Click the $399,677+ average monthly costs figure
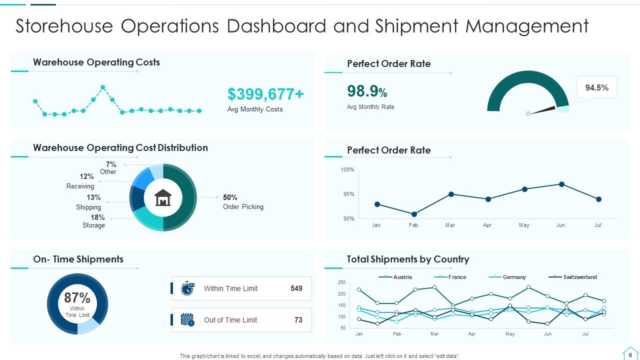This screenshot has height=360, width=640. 265,94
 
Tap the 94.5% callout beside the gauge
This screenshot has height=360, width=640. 597,87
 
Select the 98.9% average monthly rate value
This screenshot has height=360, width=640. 367,91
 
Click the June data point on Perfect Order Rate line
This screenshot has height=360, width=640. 561,184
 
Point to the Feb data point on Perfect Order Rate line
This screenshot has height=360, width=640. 414,214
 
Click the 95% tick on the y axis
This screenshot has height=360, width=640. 348,194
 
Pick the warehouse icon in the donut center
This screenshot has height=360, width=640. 163,197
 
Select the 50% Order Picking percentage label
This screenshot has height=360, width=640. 230,197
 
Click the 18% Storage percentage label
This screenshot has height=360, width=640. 97,217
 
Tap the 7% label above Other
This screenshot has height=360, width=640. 111,164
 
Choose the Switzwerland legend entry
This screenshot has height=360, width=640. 572,277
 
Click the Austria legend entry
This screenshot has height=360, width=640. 395,277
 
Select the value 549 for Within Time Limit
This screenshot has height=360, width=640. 296,288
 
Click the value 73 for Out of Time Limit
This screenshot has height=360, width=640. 298,319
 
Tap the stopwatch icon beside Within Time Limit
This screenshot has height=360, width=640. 187,288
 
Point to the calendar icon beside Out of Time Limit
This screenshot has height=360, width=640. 187,319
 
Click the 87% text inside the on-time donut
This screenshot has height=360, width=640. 77,297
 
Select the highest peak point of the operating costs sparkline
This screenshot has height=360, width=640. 103,87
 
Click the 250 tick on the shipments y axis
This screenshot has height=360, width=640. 341,282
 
